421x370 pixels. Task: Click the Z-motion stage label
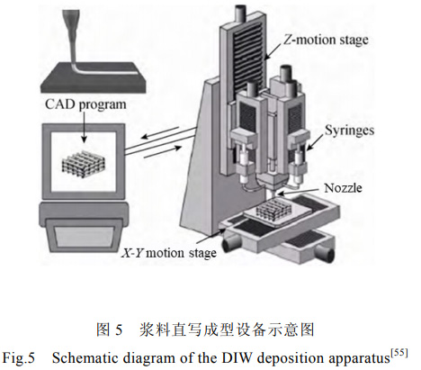click(x=326, y=40)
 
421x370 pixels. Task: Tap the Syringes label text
click(x=349, y=131)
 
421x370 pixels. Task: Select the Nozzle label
click(x=343, y=188)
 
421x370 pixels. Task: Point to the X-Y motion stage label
click(x=169, y=253)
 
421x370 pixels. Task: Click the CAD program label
click(x=85, y=104)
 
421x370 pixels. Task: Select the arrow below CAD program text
click(x=85, y=127)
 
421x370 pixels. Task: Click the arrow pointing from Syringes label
click(x=315, y=142)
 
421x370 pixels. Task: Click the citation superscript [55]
click(x=399, y=353)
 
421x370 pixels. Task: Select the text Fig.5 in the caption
click(x=19, y=358)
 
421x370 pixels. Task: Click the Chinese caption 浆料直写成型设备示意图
click(x=227, y=330)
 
